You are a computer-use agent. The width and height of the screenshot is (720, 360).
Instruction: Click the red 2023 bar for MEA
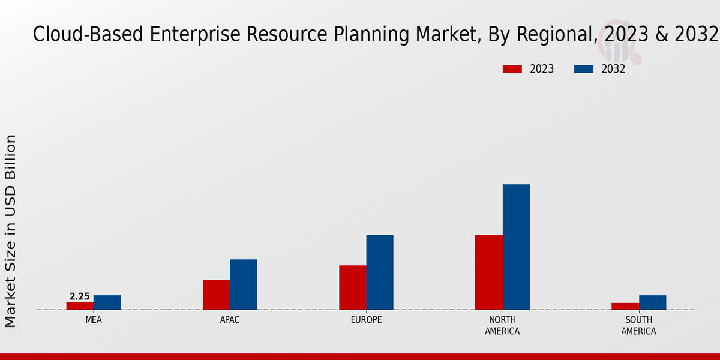click(80, 305)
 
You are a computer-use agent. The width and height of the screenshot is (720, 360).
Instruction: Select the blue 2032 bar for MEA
click(107, 302)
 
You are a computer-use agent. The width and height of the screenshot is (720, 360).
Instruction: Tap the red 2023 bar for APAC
click(216, 295)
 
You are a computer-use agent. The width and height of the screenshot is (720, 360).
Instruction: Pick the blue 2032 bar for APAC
click(243, 284)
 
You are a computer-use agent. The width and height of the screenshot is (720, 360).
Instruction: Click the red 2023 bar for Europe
click(352, 287)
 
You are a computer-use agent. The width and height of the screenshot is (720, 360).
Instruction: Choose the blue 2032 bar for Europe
click(380, 272)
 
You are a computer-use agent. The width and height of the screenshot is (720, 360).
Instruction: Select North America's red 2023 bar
click(488, 272)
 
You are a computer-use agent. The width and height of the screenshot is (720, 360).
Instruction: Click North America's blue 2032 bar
click(516, 247)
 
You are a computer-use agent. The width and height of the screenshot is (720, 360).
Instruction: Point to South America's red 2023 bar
click(625, 306)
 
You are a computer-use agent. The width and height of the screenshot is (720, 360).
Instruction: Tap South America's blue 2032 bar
click(652, 302)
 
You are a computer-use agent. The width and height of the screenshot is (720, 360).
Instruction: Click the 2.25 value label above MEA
click(80, 296)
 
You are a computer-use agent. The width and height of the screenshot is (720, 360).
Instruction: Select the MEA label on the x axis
click(94, 320)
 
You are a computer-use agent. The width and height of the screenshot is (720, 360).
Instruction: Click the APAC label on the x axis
click(230, 320)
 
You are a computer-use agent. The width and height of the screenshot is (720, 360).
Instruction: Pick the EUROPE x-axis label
click(366, 320)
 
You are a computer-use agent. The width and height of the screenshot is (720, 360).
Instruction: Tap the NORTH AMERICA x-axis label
click(502, 325)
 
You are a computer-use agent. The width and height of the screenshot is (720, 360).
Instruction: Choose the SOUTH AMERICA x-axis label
click(638, 325)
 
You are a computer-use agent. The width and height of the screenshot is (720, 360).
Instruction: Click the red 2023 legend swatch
click(512, 69)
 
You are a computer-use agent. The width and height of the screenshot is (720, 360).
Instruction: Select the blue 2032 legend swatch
click(584, 69)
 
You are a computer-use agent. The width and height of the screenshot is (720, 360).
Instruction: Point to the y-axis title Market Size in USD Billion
click(11, 231)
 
